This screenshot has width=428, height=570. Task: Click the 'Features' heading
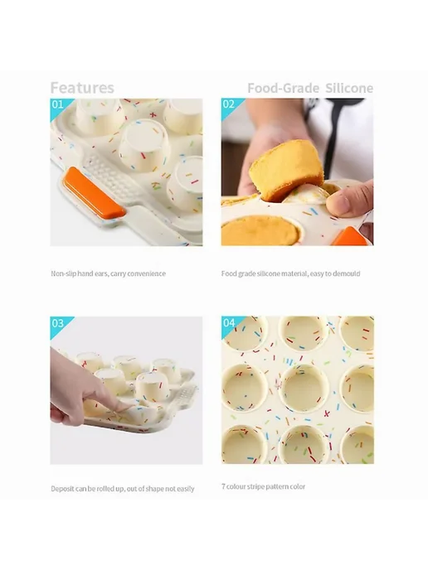click(82, 88)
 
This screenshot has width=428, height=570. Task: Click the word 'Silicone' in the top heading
click(349, 88)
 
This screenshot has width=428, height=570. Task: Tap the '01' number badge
click(57, 104)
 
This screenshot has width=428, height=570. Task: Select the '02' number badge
click(229, 104)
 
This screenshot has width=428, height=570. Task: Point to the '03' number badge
click(57, 323)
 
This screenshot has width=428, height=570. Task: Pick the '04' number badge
click(229, 322)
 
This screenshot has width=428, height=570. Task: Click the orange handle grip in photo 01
click(94, 193)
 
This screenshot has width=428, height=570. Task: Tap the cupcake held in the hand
click(285, 170)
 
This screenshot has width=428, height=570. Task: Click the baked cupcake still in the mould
click(260, 231)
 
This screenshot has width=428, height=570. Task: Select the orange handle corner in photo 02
click(350, 236)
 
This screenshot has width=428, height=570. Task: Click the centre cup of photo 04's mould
click(303, 389)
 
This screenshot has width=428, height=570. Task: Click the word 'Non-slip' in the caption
click(63, 273)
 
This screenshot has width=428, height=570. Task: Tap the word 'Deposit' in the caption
click(62, 489)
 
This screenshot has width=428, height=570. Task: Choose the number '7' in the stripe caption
click(223, 486)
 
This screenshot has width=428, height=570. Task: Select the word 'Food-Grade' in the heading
click(283, 88)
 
